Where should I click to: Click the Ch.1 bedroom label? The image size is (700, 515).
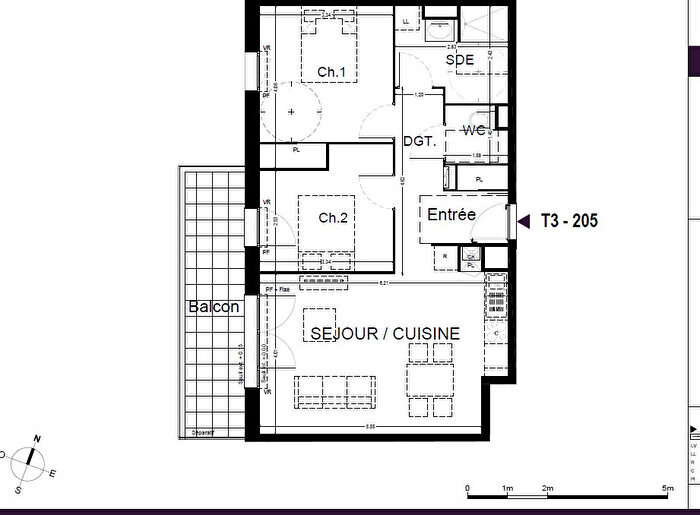pos(331,72)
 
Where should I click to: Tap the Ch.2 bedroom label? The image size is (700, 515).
pos(332,218)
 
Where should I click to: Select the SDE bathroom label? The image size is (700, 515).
pos(459,60)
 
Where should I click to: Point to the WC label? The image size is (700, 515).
pos(473,131)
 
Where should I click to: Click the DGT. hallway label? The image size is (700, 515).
pos(420,142)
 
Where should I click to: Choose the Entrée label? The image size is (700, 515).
pos(451,215)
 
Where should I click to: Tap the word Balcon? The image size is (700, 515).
pos(213,307)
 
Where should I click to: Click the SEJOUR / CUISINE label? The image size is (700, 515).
pos(385,333)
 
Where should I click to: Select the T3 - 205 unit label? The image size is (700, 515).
pos(569,221)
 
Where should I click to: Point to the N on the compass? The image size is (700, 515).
pos(37,439)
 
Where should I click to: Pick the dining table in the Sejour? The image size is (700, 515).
pos(431,377)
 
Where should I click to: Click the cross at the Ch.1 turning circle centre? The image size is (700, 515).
pos(292,112)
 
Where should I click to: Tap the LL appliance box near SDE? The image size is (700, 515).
pos(406,20)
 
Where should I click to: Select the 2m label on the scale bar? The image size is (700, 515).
pos(548,488)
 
